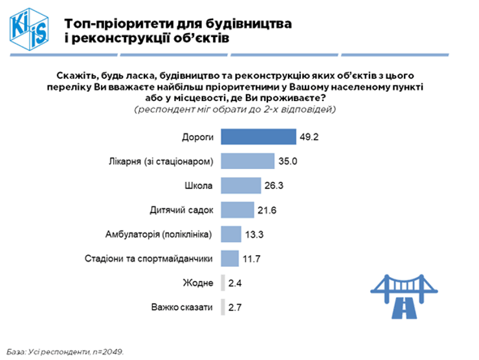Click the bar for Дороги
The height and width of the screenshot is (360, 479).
click(x=254, y=137)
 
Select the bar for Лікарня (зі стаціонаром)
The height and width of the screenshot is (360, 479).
click(x=247, y=161)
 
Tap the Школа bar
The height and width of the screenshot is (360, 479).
click(x=241, y=186)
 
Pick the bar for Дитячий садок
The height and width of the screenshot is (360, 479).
click(x=238, y=210)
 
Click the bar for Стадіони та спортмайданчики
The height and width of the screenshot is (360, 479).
click(x=230, y=258)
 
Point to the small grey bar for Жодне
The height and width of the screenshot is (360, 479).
click(x=223, y=283)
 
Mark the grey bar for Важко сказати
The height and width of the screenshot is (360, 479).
click(x=223, y=307)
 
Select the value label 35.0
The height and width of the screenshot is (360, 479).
click(x=287, y=161)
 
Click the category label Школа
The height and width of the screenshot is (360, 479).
click(x=199, y=186)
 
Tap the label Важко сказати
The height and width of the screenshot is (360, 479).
click(x=181, y=307)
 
